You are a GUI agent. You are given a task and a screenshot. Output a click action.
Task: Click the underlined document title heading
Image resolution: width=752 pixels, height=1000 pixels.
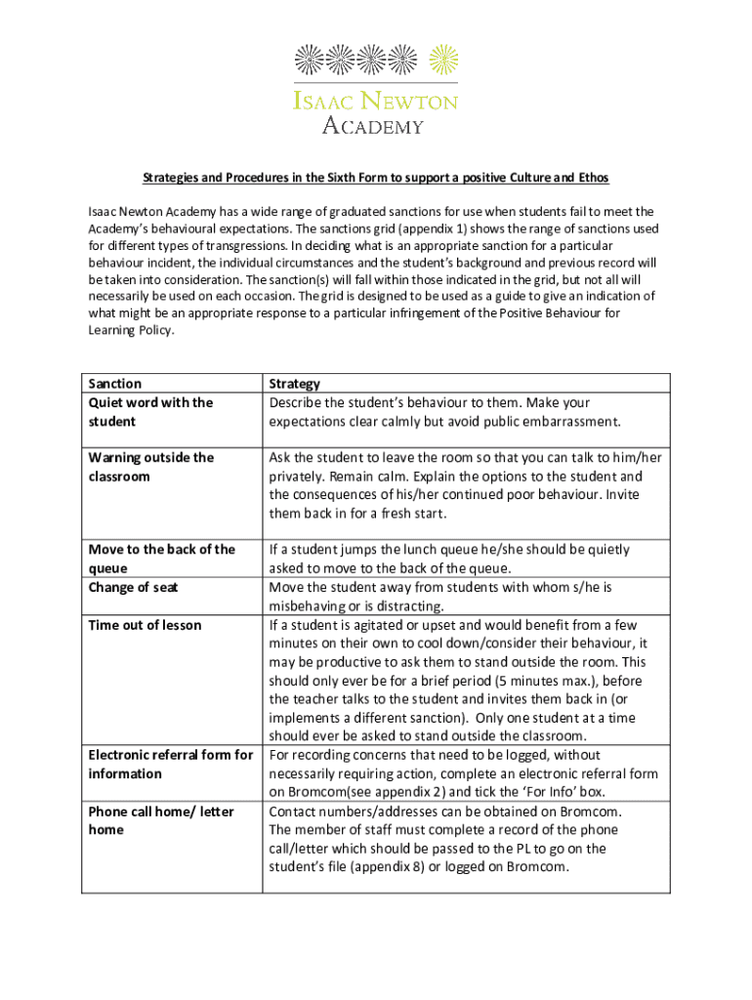pyautogui.click(x=376, y=178)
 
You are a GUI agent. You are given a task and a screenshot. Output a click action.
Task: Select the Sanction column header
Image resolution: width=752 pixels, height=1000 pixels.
pyautogui.click(x=114, y=384)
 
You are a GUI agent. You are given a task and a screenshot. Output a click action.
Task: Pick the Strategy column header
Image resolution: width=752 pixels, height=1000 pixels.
pyautogui.click(x=294, y=384)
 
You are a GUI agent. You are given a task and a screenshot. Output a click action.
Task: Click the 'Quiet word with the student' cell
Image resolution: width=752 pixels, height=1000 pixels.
pyautogui.click(x=150, y=412)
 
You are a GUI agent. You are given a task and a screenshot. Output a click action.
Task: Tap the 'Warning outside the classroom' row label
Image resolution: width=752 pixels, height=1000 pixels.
pyautogui.click(x=150, y=467)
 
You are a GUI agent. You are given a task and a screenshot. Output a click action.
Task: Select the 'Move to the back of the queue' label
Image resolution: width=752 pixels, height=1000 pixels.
pyautogui.click(x=161, y=559)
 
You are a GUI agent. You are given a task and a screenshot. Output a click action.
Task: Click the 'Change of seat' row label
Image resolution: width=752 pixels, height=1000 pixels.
pyautogui.click(x=133, y=587)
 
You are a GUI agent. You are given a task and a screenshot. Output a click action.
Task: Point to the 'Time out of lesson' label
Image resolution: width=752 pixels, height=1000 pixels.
pyautogui.click(x=145, y=625)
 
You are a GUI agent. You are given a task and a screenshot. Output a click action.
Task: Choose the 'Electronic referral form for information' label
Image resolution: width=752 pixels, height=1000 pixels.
pyautogui.click(x=170, y=764)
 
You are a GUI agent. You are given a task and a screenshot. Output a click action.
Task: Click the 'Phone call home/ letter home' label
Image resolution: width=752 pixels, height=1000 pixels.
pyautogui.click(x=161, y=820)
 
